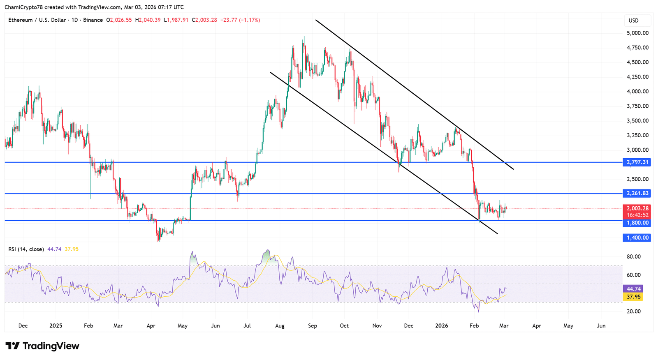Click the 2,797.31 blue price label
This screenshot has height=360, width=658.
tap(637, 162)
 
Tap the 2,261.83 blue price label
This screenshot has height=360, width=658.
tap(637, 193)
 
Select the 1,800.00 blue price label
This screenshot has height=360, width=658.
tap(637, 223)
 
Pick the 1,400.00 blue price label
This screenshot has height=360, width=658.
tap(637, 238)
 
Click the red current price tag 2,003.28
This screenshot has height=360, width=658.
tap(637, 209)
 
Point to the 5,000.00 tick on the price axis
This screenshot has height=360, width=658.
tap(637, 33)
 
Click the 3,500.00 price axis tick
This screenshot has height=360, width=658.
tap(637, 121)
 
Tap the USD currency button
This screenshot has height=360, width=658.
tap(634, 21)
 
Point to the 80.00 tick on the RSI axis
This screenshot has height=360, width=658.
tap(633, 256)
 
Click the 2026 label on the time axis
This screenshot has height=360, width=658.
tap(442, 325)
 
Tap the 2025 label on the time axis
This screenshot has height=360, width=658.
tap(56, 325)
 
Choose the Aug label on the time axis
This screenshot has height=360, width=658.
tap(280, 325)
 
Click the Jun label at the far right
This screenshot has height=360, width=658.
tap(601, 325)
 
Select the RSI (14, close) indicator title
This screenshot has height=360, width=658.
tap(26, 249)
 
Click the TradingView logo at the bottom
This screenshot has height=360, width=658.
tap(42, 346)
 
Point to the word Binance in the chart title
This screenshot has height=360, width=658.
tap(93, 20)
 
